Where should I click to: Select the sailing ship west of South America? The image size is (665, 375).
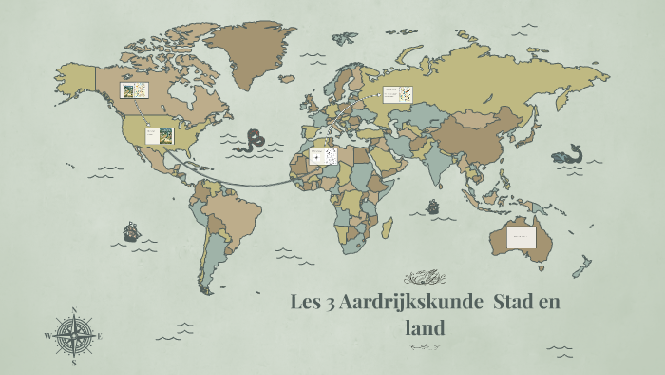coord(131,231)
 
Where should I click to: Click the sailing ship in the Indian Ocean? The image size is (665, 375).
coord(433,206)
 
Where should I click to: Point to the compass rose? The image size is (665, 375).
coord(74,335)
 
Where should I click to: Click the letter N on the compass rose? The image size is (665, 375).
coord(74,309)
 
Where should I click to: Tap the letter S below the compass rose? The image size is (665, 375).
coord(74,363)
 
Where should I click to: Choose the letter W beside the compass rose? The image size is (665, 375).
coord(47,336)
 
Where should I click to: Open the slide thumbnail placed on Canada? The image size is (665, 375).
coord(133,90)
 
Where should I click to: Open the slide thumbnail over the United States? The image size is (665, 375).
coord(159,136)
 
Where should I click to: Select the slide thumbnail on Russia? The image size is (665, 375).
coord(397,94)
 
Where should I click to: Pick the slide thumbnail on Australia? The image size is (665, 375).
coord(522,236)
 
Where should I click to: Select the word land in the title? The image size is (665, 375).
coord(425,327)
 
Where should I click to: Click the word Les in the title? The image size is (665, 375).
coord(306,304)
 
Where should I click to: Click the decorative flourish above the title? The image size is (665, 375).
coord(424,278)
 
